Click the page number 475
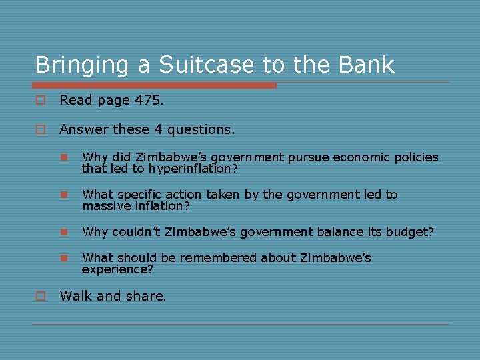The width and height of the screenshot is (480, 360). [x=147, y=101]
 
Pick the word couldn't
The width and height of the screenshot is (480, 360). [x=136, y=232]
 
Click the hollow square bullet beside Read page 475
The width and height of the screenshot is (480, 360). [x=41, y=101]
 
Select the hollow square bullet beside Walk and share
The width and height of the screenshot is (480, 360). [x=41, y=297]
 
